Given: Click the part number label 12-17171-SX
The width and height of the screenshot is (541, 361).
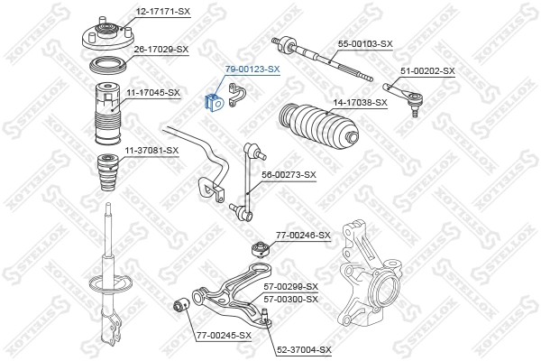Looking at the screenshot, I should point(163,11).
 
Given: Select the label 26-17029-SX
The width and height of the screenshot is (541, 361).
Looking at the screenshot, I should point(161,49).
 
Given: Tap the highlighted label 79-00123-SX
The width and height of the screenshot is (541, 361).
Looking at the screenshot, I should point(252,69).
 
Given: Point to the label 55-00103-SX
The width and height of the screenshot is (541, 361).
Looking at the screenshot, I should point(365,43).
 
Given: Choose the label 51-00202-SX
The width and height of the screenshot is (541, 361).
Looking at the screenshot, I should point(427,70).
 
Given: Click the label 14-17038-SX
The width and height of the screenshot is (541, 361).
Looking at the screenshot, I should point(360,102).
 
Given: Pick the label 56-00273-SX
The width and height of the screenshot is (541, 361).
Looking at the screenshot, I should point(289,174).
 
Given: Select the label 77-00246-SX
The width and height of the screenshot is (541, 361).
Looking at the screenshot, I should point(303,235).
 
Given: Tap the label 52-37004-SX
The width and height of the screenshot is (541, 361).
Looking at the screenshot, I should point(304,349).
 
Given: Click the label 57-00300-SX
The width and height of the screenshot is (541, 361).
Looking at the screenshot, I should point(291,298).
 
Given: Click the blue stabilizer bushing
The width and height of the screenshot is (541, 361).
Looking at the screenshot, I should point(216,102).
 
